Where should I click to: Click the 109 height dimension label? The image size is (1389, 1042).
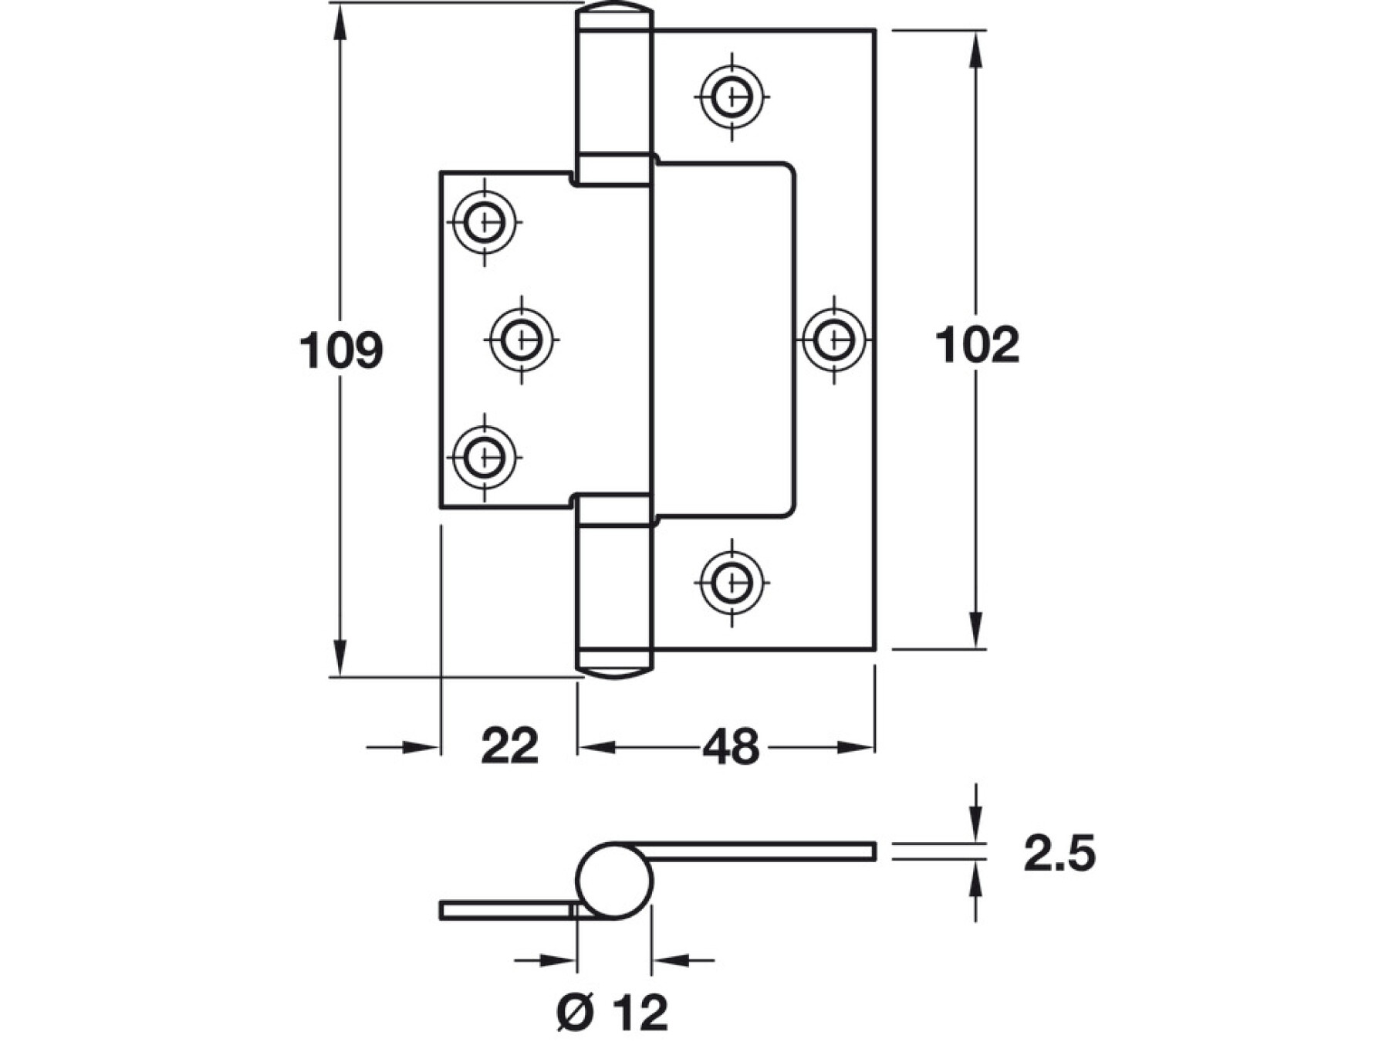point(340,350)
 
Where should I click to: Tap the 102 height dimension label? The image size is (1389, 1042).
point(976,345)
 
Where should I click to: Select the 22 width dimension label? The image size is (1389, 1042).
point(509,746)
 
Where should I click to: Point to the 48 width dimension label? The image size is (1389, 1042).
point(730,747)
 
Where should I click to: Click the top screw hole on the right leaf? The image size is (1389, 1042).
point(732,97)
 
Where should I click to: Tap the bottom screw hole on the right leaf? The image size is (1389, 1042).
point(732,581)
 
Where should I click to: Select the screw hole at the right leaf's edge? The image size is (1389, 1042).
point(834,339)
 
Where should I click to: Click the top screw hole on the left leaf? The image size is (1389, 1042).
point(485,222)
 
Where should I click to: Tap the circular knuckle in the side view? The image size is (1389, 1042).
point(614,881)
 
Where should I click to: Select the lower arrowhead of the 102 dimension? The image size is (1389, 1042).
point(976,629)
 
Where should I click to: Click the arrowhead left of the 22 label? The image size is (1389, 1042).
point(421,747)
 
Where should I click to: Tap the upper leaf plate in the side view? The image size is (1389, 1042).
point(764,851)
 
